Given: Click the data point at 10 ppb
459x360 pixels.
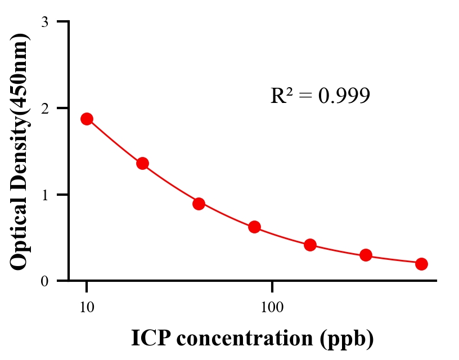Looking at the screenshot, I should [87, 119].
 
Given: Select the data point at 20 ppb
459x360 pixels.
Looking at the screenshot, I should [142, 164].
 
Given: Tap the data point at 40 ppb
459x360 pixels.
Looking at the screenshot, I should [199, 204].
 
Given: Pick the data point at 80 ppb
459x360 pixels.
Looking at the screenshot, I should [254, 227].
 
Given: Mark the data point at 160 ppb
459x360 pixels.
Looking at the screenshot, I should [310, 245].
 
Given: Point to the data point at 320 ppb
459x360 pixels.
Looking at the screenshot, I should [366, 255].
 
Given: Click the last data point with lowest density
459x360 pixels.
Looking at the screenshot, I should [421, 264].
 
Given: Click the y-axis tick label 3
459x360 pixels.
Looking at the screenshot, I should [44, 22].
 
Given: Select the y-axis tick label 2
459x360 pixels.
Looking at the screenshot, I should [44, 108].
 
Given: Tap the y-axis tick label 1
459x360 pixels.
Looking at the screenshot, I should [44, 195].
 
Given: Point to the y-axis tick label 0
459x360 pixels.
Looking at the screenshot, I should [44, 281].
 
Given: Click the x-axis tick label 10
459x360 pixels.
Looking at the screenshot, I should [87, 308].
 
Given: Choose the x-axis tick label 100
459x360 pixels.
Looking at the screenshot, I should [272, 308].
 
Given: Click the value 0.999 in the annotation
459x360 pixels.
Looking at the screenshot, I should [344, 96].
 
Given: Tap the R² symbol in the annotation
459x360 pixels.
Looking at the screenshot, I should [281, 96].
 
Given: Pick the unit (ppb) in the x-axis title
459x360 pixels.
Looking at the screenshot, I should [347, 339].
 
